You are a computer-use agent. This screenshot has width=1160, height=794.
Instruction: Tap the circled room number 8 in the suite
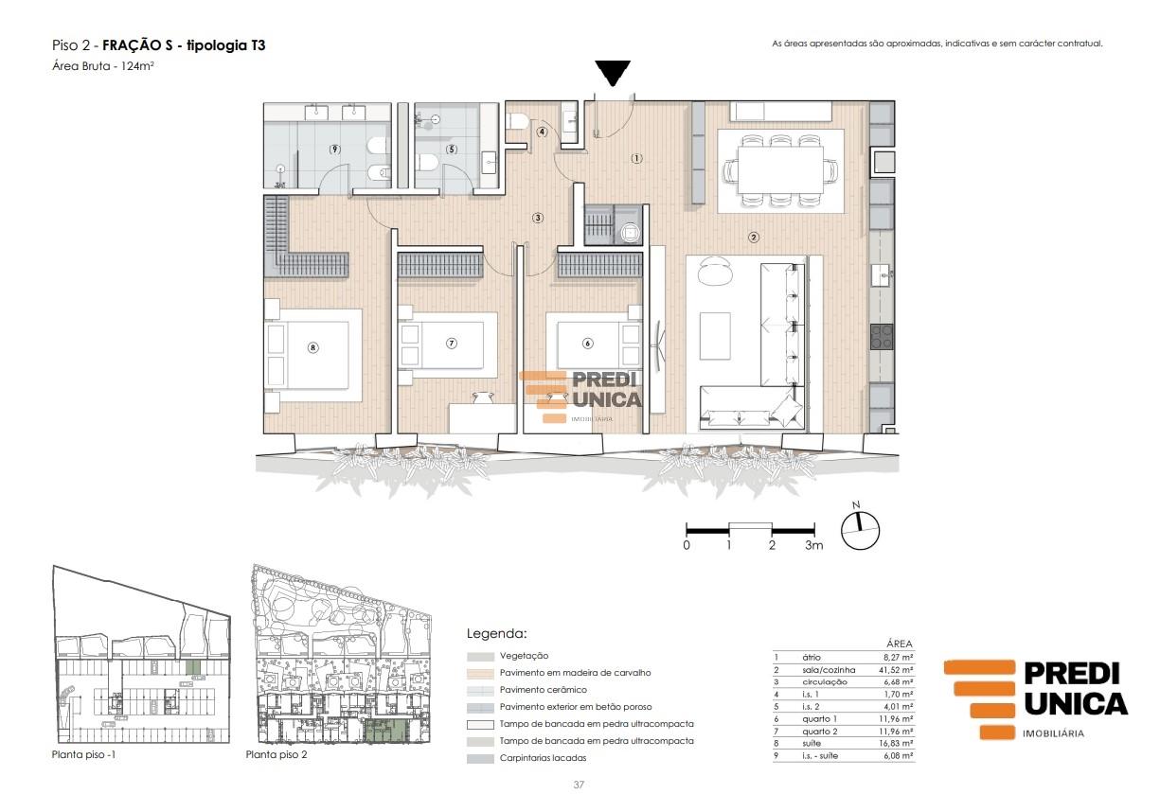coord(312,348)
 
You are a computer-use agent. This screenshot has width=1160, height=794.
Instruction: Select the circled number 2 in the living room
coord(754,238)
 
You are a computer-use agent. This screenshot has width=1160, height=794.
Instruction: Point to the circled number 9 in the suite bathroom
coord(334,150)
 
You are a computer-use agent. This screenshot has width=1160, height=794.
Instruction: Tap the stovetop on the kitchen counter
coord(882,337)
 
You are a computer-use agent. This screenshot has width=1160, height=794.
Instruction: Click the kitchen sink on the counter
coord(882,274)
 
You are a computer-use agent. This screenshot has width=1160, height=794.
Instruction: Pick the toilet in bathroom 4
coord(517,122)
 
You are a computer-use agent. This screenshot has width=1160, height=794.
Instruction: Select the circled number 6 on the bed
coord(587,344)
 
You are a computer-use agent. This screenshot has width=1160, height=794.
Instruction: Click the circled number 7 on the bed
coord(452,344)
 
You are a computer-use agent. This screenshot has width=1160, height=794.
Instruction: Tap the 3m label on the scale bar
coord(813,545)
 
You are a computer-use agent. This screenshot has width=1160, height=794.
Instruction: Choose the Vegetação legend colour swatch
coord(480,657)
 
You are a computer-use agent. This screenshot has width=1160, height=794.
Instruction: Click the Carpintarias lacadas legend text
coord(543,758)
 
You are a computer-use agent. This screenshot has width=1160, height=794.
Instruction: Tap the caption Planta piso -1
coord(83,754)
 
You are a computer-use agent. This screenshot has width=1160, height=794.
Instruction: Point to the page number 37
coord(579,785)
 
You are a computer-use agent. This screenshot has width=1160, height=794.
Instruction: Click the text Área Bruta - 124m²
coord(103,65)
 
